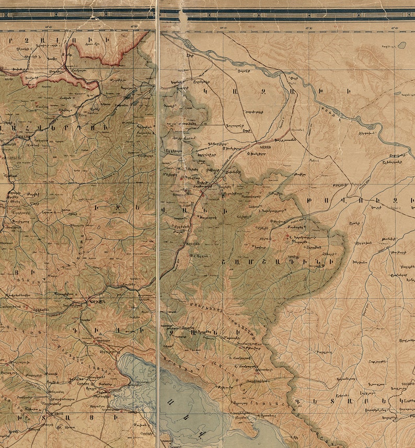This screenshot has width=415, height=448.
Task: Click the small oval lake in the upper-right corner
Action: coord(401,45)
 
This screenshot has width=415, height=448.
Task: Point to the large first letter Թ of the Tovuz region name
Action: coord(324,199)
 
